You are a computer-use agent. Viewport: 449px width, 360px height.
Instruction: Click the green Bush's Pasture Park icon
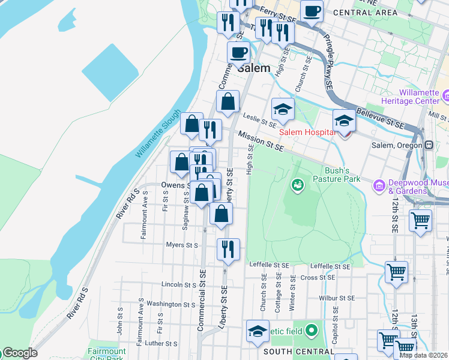pyautogui.click(x=297, y=185)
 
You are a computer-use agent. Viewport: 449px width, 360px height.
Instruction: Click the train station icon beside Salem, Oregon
pyautogui.click(x=429, y=145)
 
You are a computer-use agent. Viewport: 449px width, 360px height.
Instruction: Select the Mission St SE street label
pyautogui.click(x=261, y=141)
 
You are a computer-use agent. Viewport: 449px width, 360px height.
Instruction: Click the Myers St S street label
pyautogui.click(x=182, y=245)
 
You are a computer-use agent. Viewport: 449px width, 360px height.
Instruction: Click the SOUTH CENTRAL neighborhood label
pyautogui.click(x=294, y=351)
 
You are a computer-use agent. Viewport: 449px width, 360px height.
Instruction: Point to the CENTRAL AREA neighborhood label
pyautogui.click(x=364, y=12)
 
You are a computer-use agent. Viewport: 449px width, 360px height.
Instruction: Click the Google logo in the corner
pyautogui.click(x=19, y=353)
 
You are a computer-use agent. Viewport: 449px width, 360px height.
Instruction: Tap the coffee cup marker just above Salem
pyautogui.click(x=239, y=52)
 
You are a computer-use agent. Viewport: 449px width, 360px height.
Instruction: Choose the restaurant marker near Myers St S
pyautogui.click(x=228, y=248)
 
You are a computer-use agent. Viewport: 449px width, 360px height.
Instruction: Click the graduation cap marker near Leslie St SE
pyautogui.click(x=283, y=109)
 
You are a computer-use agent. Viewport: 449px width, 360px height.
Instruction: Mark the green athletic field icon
pyautogui.click(x=311, y=330)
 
